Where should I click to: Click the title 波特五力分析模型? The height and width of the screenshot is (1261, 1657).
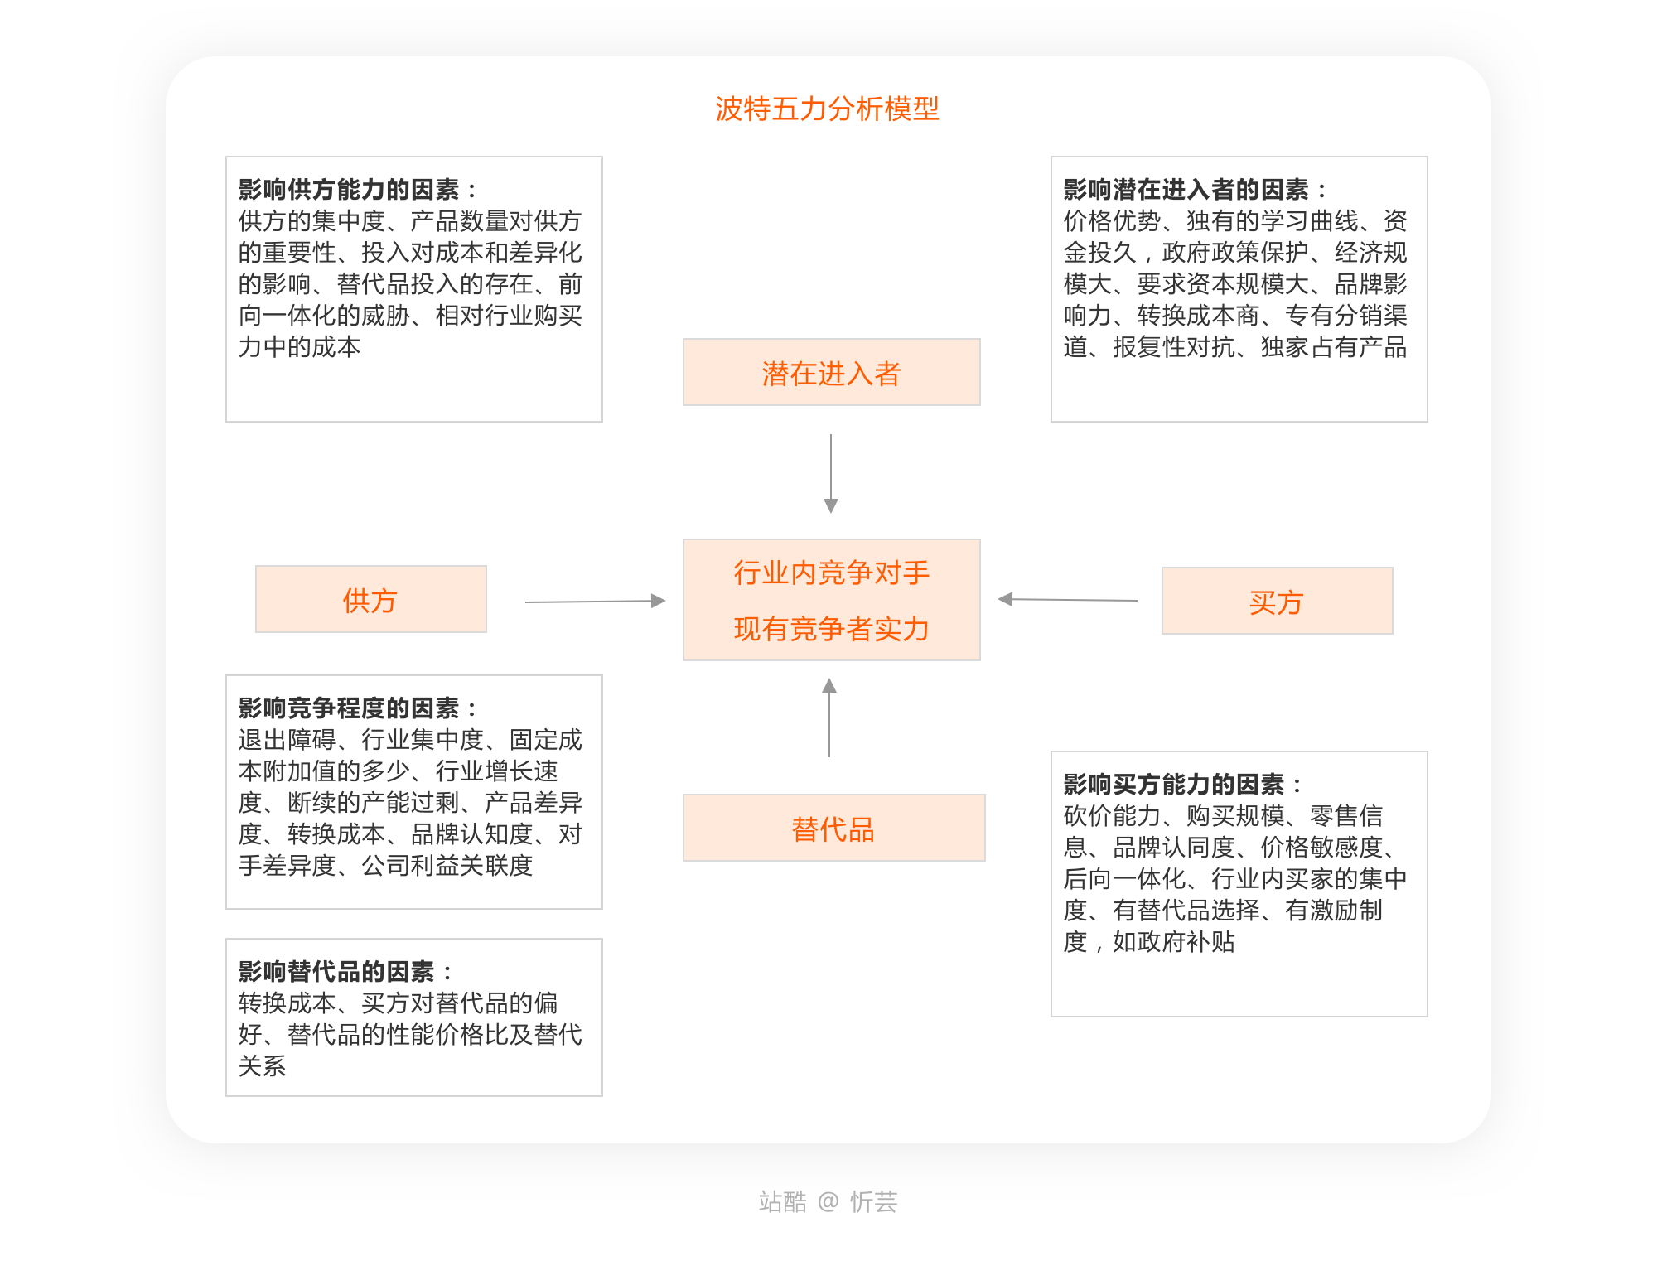[827, 109]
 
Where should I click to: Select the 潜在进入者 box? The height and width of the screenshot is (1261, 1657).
[831, 373]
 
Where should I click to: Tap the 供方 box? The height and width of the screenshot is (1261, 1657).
[370, 600]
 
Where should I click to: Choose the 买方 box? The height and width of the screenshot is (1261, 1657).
[1277, 602]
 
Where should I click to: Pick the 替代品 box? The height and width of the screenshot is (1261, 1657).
[833, 829]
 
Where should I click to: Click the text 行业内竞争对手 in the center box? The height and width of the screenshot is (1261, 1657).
[831, 573]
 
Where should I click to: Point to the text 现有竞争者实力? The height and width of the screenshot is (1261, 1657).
[831, 629]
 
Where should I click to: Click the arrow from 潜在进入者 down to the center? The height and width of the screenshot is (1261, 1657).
[831, 472]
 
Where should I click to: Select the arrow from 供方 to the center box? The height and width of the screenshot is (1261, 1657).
[595, 602]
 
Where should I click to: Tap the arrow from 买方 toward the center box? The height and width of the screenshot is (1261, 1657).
[1068, 599]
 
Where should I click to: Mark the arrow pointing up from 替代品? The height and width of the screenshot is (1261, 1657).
[829, 717]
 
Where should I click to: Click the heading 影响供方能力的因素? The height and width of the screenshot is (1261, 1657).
[349, 190]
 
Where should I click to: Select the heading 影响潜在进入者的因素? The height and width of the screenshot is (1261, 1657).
[1186, 190]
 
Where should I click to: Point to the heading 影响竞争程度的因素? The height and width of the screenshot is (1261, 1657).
[349, 708]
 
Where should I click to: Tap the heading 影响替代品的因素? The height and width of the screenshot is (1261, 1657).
[336, 972]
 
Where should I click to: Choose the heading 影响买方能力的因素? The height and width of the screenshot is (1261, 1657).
[1174, 785]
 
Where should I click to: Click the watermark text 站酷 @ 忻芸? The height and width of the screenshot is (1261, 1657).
[828, 1201]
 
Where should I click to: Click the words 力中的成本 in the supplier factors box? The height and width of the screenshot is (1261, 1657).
[299, 347]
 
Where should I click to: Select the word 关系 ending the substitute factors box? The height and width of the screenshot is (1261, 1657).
[263, 1066]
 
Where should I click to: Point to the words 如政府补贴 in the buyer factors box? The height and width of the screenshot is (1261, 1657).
[1173, 942]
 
